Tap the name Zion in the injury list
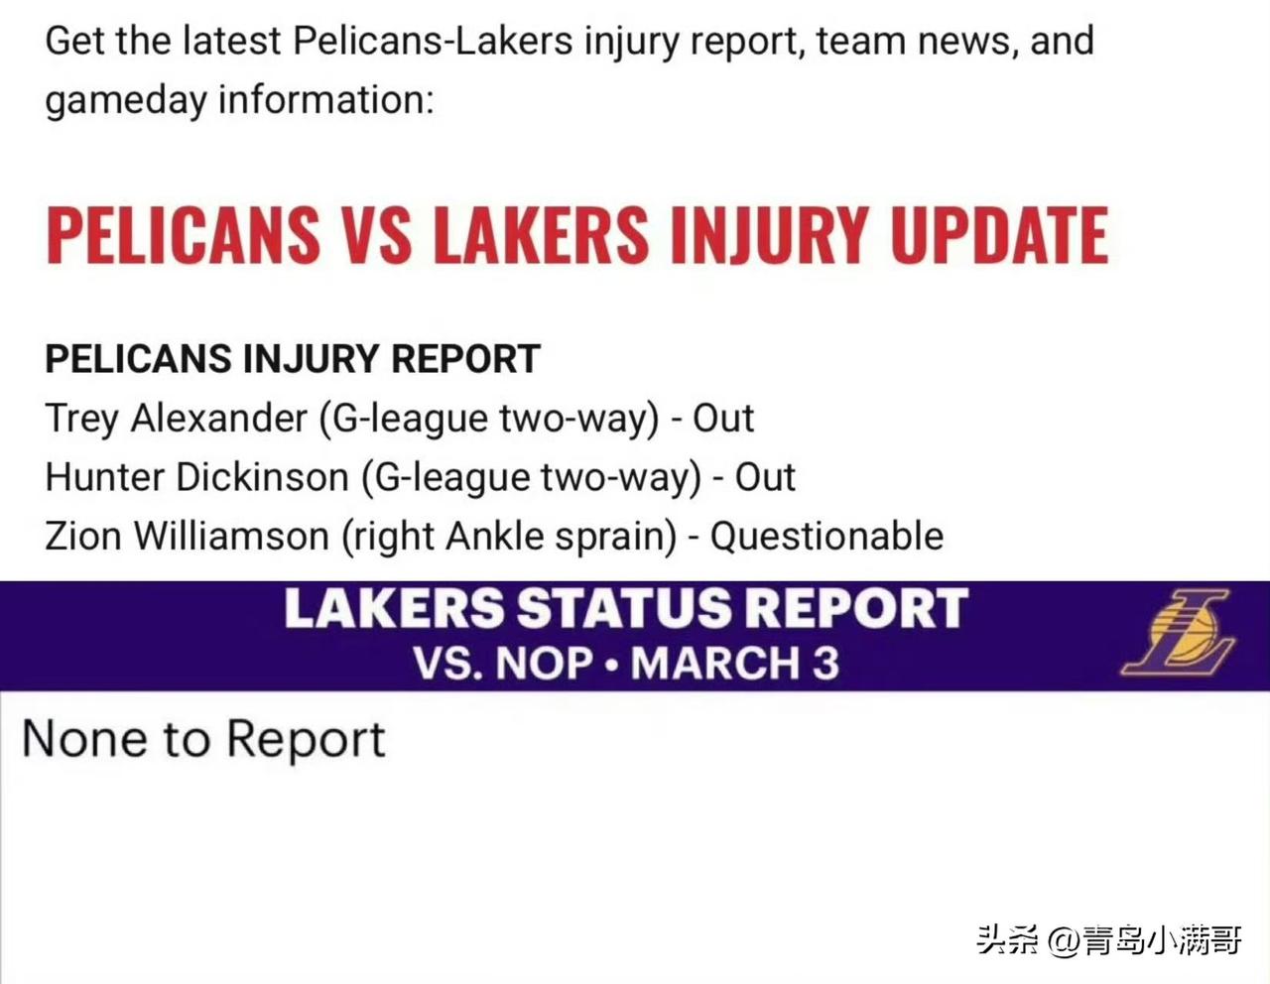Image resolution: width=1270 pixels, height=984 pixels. [x=83, y=537]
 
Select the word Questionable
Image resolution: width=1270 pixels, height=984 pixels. [x=827, y=537]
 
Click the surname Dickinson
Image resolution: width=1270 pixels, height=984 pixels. [x=262, y=477]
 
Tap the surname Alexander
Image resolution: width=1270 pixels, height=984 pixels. [x=218, y=419]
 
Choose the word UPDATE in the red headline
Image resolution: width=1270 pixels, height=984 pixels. [x=999, y=235]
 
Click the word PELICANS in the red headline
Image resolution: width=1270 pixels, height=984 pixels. [x=183, y=235]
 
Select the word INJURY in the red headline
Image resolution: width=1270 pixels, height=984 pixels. [x=767, y=235]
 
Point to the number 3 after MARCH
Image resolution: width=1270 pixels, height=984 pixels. [x=825, y=663]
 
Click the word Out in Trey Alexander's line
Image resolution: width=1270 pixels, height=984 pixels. [x=723, y=419]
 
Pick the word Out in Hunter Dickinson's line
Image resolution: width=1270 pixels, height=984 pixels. [x=765, y=477]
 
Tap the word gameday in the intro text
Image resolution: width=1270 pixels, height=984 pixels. [x=126, y=100]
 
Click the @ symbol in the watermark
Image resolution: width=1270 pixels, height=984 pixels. [x=1064, y=940]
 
